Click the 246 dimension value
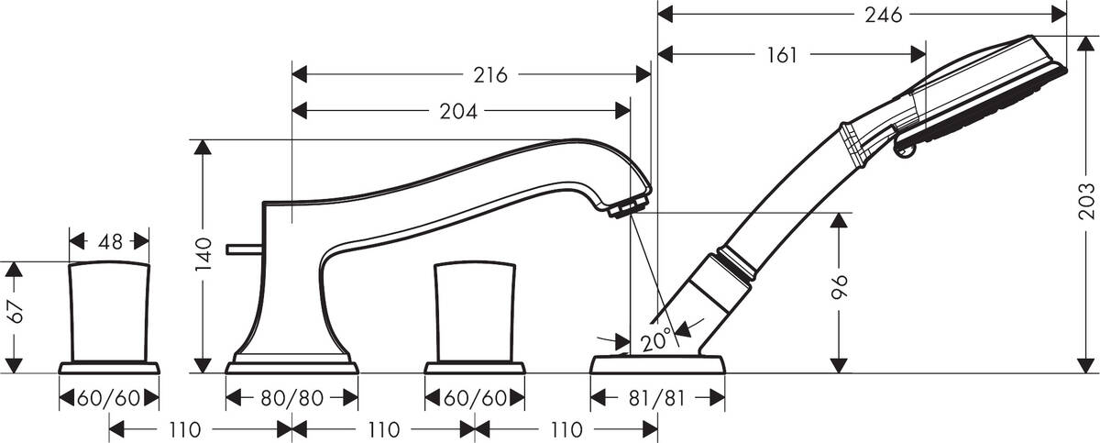883,15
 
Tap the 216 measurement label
490,75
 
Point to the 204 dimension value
458,111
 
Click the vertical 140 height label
204,253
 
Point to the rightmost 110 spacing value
566,428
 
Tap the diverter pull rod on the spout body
243,248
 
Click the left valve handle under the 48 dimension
109,312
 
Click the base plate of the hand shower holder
657,366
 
